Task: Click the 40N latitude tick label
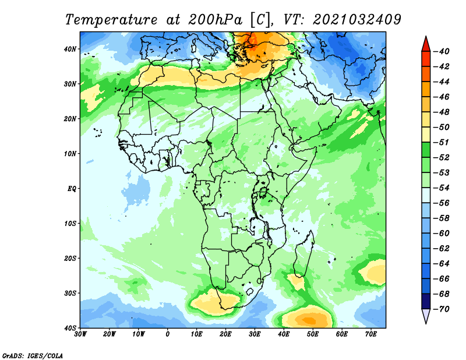pyautogui.click(x=70, y=49)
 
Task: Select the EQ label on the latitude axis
pyautogui.click(x=72, y=189)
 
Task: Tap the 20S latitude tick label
pyautogui.click(x=70, y=258)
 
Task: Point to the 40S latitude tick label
pyautogui.click(x=70, y=328)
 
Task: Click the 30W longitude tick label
pyautogui.click(x=80, y=334)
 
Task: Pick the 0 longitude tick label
pyautogui.click(x=168, y=334)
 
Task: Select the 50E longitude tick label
pyautogui.click(x=313, y=334)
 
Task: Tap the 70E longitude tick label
pyautogui.click(x=371, y=334)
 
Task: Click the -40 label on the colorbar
pyautogui.click(x=442, y=51)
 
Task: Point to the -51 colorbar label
pyautogui.click(x=442, y=142)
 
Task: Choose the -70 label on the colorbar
pyautogui.click(x=442, y=309)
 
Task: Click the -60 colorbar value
pyautogui.click(x=442, y=234)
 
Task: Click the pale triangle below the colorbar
pyautogui.click(x=426, y=315)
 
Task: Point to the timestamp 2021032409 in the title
pyautogui.click(x=357, y=20)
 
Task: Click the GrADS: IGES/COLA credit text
pyautogui.click(x=33, y=355)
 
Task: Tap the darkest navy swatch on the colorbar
pyautogui.click(x=426, y=301)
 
